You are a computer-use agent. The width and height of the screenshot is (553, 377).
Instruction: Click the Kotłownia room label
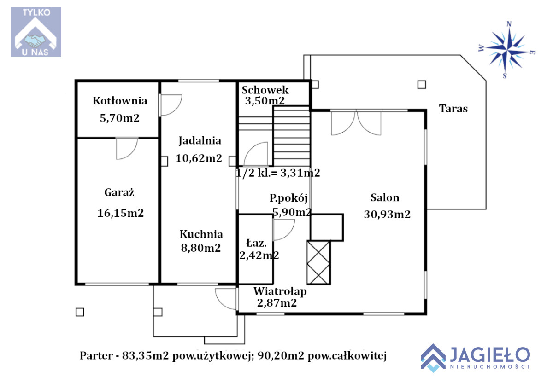point(120,101)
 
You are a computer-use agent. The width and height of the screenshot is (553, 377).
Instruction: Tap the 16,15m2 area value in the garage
point(120,213)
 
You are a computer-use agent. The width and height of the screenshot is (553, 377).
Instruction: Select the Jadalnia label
point(200,141)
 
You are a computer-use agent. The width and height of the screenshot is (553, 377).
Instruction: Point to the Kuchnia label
point(201,234)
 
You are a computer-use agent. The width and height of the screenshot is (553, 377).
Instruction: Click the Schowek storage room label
point(265,90)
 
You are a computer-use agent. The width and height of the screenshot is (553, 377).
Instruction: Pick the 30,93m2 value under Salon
point(387,214)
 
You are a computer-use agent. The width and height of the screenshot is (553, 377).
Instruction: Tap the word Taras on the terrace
point(453,109)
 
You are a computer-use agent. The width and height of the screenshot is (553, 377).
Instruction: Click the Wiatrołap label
point(280,292)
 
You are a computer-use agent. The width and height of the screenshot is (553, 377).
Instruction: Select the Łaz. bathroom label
point(257,244)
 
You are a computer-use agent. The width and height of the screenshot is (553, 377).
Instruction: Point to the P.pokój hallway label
point(288,198)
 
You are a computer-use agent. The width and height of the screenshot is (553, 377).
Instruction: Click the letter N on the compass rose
point(509,24)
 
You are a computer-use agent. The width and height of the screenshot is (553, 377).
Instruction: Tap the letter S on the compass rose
point(505,75)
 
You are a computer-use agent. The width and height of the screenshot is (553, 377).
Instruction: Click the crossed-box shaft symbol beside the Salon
point(318,262)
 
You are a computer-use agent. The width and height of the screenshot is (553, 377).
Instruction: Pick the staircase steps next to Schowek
point(291,136)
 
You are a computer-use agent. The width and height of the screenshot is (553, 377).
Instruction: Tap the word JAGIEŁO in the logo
point(490,354)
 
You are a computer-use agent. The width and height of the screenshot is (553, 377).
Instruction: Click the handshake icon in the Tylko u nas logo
point(35,41)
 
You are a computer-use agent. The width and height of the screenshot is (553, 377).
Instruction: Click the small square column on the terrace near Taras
point(422,85)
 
